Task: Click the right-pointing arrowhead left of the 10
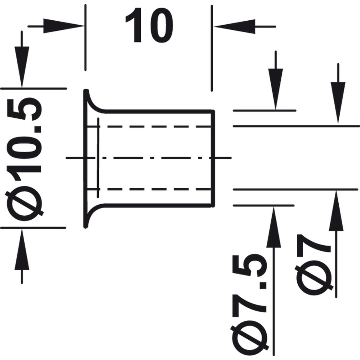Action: pyautogui.click(x=64, y=26)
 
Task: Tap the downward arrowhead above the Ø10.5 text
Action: pyautogui.click(x=22, y=67)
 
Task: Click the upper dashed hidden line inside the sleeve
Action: pyautogui.click(x=149, y=127)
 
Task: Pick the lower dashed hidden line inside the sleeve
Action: pyautogui.click(x=149, y=189)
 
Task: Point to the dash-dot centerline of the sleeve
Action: pyautogui.click(x=149, y=158)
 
